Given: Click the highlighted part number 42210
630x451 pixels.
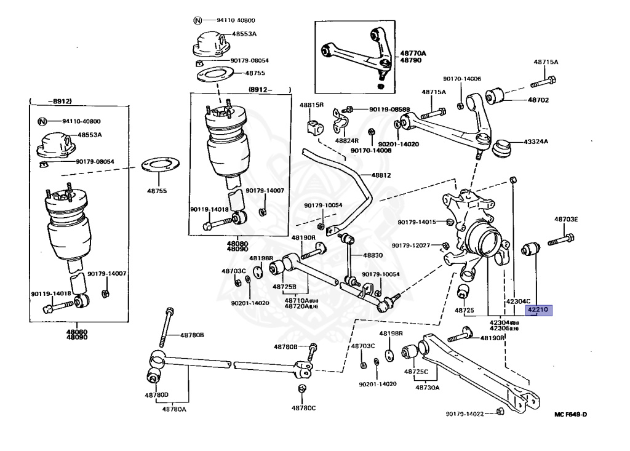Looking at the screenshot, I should (x=539, y=310).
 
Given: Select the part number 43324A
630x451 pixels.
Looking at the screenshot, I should (x=536, y=142).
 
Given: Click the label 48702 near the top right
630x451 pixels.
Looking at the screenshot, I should (x=536, y=100).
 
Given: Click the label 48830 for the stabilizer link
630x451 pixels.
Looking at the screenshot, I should (x=372, y=255).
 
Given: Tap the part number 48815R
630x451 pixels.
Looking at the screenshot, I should (x=311, y=105).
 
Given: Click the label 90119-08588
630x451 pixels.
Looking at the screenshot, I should (x=389, y=110).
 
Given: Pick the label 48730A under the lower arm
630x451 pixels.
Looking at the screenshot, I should (x=427, y=388).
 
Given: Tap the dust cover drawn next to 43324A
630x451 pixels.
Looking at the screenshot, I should (x=504, y=148).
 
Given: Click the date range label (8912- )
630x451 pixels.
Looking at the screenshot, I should (x=268, y=90).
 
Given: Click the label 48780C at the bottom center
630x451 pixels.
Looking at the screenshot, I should (x=303, y=408).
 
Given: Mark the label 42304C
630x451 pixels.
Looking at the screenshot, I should (x=518, y=301).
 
